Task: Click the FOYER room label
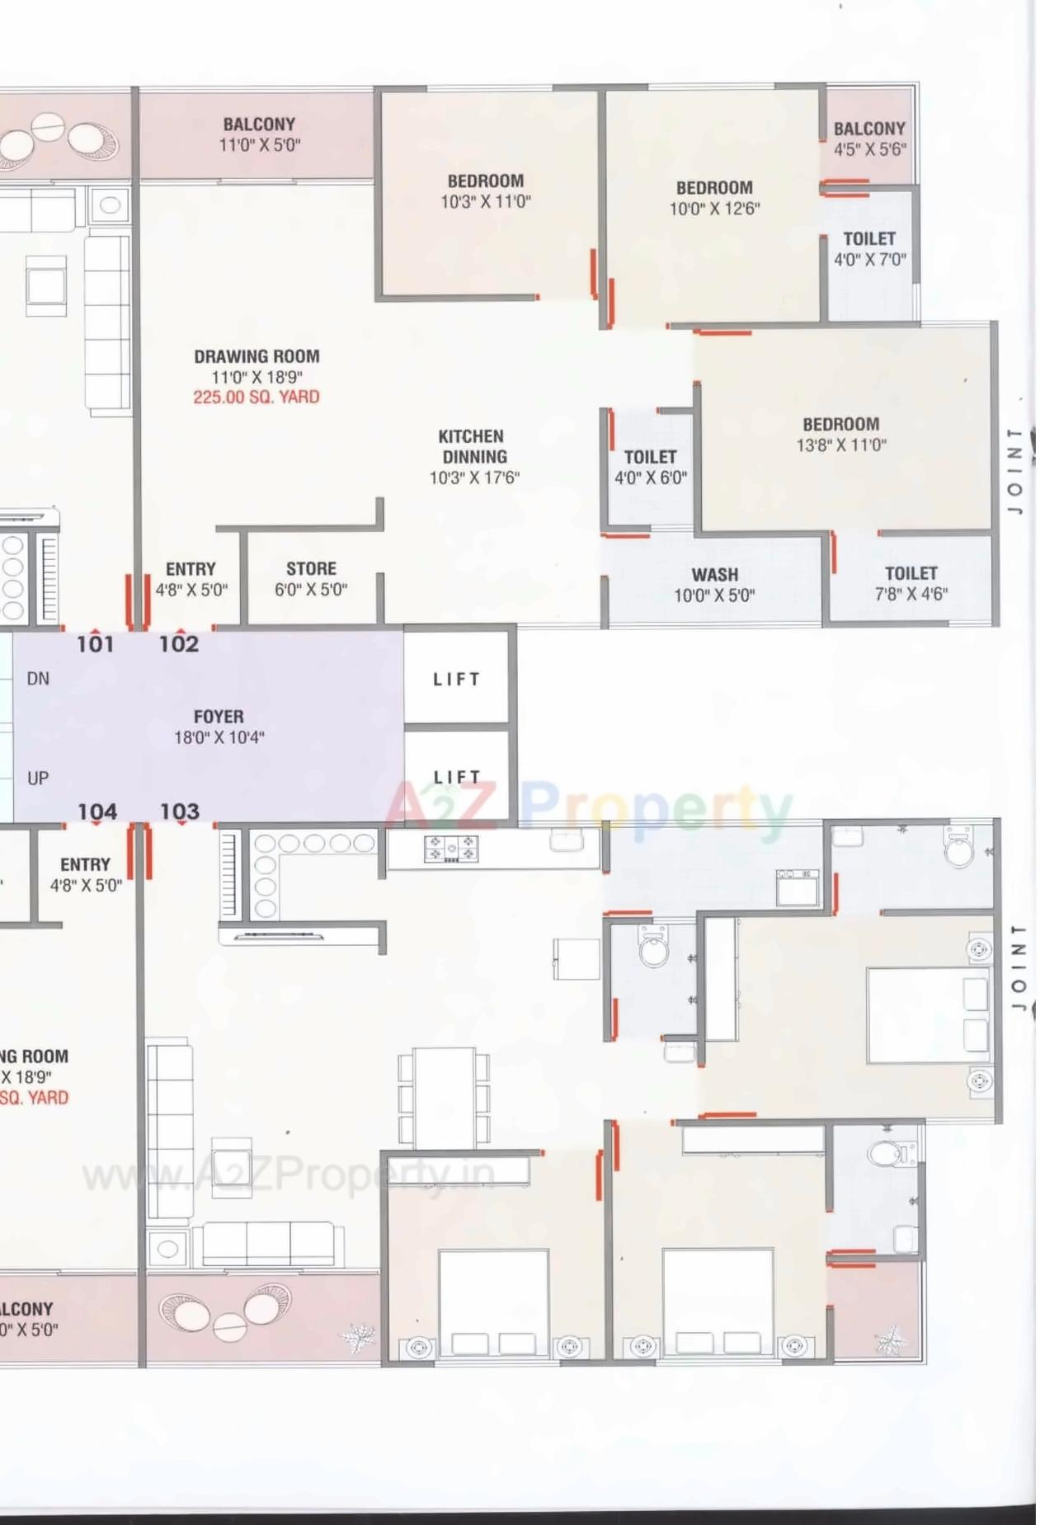pyautogui.click(x=219, y=717)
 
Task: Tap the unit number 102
pyautogui.click(x=179, y=644)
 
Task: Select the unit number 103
pyautogui.click(x=180, y=812)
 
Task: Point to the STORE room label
pyautogui.click(x=311, y=569)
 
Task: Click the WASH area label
pyautogui.click(x=714, y=575)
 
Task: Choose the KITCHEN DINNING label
pyautogui.click(x=473, y=446)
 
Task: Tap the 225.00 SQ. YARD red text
pyautogui.click(x=256, y=397)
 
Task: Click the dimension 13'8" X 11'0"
pyautogui.click(x=840, y=445)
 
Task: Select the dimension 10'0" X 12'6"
pyautogui.click(x=714, y=209)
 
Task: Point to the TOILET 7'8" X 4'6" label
pyautogui.click(x=911, y=582)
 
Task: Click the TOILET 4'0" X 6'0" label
pyautogui.click(x=650, y=467)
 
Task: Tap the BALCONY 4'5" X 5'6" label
pyautogui.click(x=869, y=139)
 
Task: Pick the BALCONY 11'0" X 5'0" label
pyautogui.click(x=259, y=134)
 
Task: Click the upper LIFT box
pyautogui.click(x=456, y=679)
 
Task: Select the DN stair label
pyautogui.click(x=38, y=679)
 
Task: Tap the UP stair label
pyautogui.click(x=38, y=778)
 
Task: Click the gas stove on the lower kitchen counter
pyautogui.click(x=450, y=848)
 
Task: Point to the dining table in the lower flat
pyautogui.click(x=444, y=1097)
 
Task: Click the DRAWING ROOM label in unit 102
pyautogui.click(x=256, y=356)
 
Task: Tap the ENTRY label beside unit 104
pyautogui.click(x=86, y=864)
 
